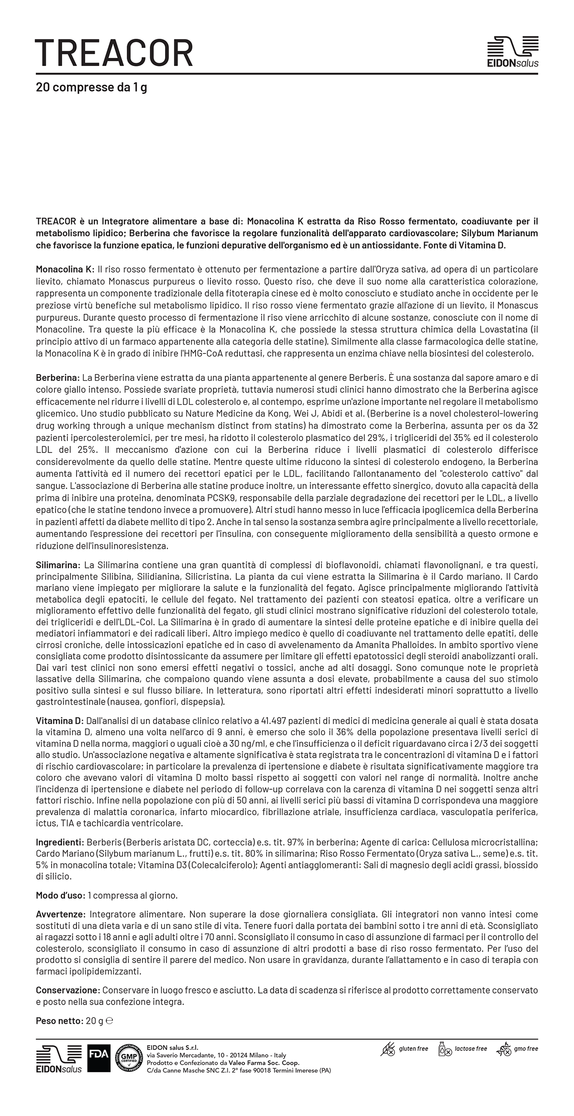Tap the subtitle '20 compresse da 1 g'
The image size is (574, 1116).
coord(91,88)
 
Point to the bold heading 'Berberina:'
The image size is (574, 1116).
coord(58,378)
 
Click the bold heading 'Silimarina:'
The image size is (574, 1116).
coord(58,565)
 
